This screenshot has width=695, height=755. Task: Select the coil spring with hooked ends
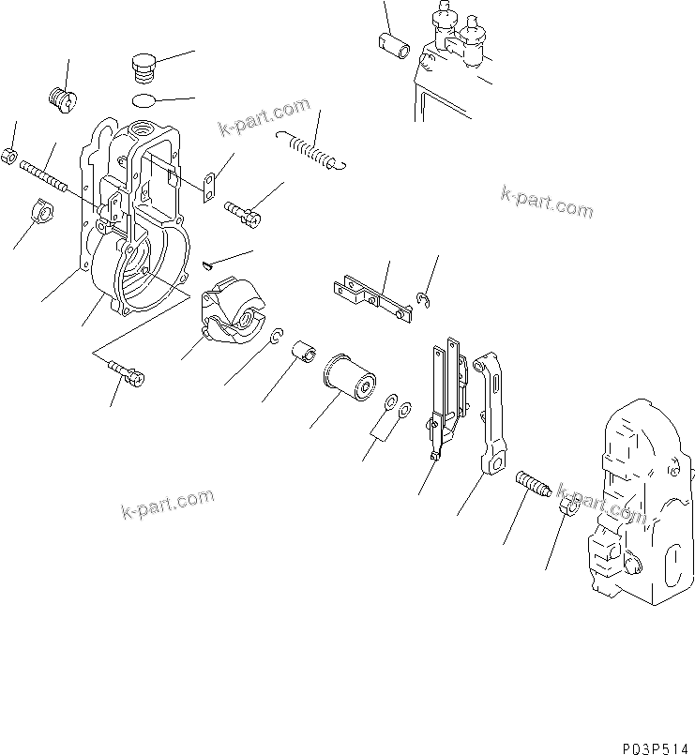pyautogui.click(x=312, y=152)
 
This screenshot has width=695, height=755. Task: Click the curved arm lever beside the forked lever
pyautogui.click(x=490, y=408)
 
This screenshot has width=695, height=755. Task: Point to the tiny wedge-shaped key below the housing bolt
pyautogui.click(x=207, y=270)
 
